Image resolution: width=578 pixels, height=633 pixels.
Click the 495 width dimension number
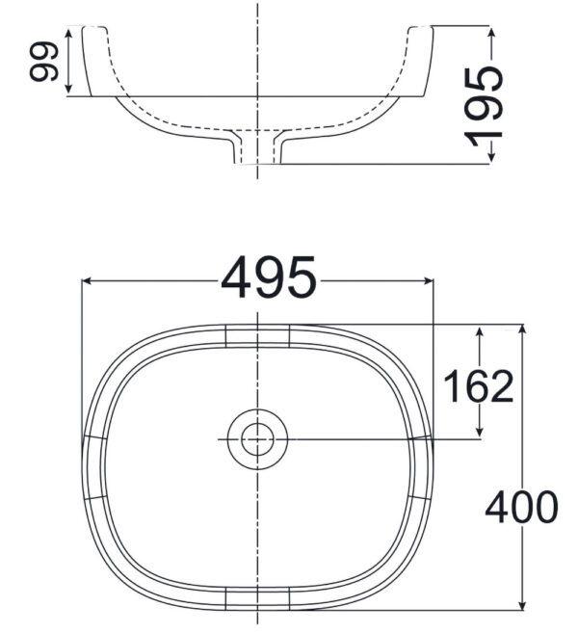coord(269,280)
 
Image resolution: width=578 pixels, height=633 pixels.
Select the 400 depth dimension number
coord(521,507)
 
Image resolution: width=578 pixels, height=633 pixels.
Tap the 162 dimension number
coord(478,386)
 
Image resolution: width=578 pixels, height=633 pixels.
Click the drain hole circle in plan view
coord(256,439)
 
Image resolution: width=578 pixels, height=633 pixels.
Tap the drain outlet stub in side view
coord(256,149)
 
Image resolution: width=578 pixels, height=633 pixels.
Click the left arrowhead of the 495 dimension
coord(87,281)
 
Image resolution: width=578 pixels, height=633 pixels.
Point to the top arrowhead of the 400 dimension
coord(522,330)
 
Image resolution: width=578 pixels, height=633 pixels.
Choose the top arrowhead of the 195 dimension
coord(492,32)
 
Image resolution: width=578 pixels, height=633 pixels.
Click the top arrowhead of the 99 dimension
coord(68,32)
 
